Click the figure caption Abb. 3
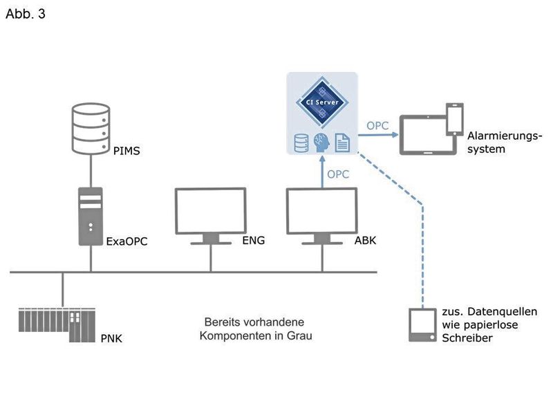(26, 14)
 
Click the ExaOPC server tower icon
(91, 216)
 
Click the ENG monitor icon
(210, 214)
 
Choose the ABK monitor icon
(321, 214)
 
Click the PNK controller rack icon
(59, 324)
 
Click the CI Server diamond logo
(321, 102)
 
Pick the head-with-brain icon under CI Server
(321, 142)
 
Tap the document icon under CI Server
(341, 142)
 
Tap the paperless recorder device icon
(422, 324)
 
